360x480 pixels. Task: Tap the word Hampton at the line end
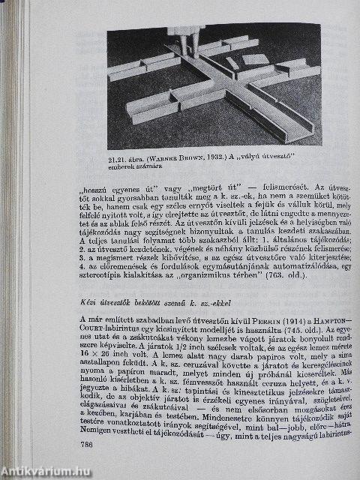pyautogui.click(x=324, y=320)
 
